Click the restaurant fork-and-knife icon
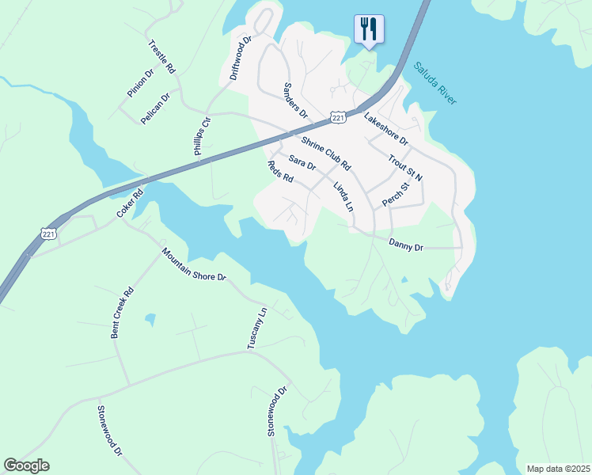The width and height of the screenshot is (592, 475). pyautogui.click(x=368, y=29)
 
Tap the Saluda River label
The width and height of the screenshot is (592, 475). pyautogui.click(x=435, y=85)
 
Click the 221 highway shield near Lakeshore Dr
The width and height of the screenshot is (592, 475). pyautogui.click(x=338, y=118)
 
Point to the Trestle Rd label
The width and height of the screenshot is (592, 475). pyautogui.click(x=161, y=58)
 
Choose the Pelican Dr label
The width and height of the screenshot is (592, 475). pyautogui.click(x=156, y=108)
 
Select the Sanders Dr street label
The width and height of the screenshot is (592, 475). pyautogui.click(x=294, y=101)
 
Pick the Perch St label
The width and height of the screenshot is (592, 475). pyautogui.click(x=395, y=195)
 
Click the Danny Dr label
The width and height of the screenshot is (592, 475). pyautogui.click(x=407, y=248)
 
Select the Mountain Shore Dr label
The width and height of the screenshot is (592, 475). pyautogui.click(x=194, y=265)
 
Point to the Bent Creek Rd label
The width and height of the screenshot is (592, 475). pyautogui.click(x=122, y=313)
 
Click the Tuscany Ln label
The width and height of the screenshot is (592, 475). pyautogui.click(x=257, y=329)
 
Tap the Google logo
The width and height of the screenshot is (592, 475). pyautogui.click(x=27, y=465)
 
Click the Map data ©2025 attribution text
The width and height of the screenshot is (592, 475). pyautogui.click(x=557, y=469)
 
